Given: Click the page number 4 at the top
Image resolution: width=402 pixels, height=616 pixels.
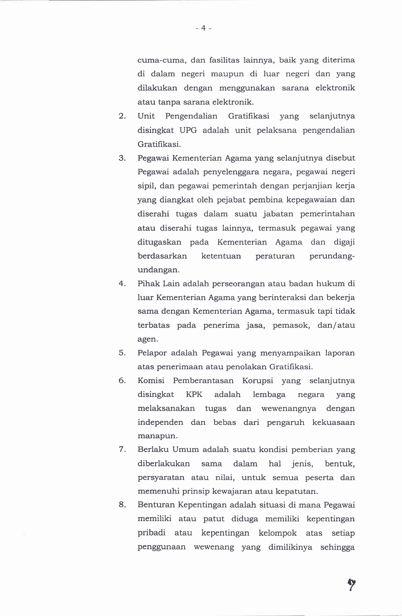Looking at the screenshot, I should click(x=203, y=28).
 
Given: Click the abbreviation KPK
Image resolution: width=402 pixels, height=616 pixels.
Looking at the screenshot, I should click(x=194, y=395).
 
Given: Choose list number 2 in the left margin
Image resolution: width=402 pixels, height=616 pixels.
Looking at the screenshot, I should click(x=122, y=116).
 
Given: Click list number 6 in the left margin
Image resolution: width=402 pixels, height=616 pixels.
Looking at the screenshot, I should click(x=122, y=381).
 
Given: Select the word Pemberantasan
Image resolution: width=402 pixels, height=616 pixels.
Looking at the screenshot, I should click(x=203, y=381).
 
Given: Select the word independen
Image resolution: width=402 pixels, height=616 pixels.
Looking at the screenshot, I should click(x=160, y=422).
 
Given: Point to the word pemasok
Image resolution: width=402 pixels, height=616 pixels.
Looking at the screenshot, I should click(x=291, y=325).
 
